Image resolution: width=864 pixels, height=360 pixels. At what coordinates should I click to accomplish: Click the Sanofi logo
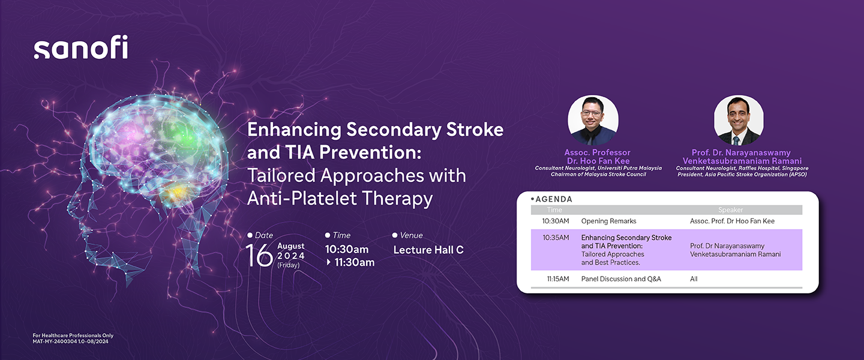coord(80,47)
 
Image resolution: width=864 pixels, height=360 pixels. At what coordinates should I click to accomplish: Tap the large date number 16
coord(259,255)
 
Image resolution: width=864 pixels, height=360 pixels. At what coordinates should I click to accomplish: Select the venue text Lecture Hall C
coord(428,250)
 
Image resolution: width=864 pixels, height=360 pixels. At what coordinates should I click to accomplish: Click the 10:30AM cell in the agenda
coord(556,221)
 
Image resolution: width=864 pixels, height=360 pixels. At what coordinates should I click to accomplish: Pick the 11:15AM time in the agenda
coord(558,279)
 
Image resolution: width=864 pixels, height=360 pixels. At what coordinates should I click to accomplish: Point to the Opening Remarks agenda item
coord(608,221)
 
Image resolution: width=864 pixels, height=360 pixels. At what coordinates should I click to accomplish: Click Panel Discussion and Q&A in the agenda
coord(621,279)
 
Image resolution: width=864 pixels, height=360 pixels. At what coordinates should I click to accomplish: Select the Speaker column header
coord(730,210)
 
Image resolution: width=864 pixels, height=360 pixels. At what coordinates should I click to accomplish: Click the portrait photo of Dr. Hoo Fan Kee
coord(593,120)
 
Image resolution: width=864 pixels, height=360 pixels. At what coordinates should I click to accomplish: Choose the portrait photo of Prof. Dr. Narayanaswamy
coord(739,120)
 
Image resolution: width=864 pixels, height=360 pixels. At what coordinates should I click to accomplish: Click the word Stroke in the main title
coord(475,130)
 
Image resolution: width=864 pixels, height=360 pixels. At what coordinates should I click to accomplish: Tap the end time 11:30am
coord(354,262)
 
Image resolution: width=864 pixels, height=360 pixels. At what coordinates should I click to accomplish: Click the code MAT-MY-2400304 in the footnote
coord(55,341)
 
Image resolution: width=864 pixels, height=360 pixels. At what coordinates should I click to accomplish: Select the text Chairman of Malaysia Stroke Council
coord(598,175)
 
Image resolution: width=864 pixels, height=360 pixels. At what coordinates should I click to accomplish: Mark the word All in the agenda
coord(694,279)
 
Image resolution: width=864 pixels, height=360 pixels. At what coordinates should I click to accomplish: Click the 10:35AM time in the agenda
coord(556,238)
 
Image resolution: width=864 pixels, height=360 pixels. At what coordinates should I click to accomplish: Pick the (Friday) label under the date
coord(289,265)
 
